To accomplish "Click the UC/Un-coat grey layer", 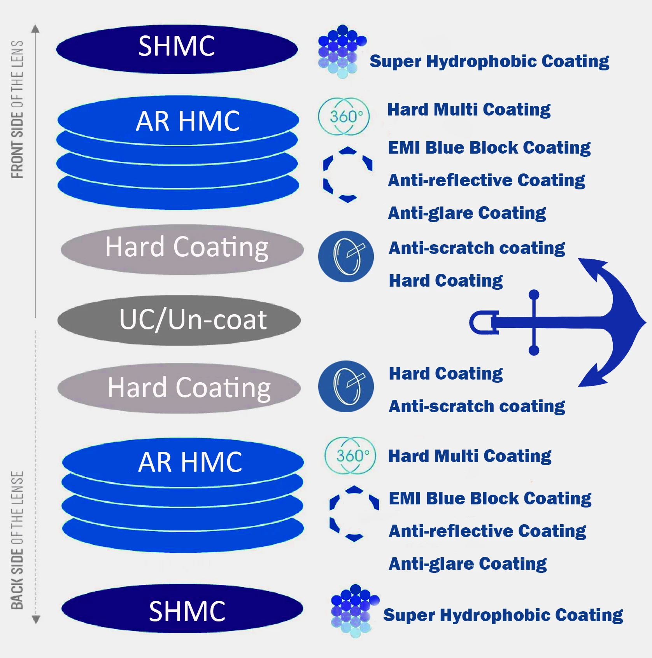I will pyautogui.click(x=179, y=320).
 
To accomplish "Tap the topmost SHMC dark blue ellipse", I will pyautogui.click(x=177, y=49).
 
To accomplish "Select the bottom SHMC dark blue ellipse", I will pyautogui.click(x=182, y=609).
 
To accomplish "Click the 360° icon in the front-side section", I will pyautogui.click(x=344, y=116).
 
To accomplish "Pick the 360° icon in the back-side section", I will pyautogui.click(x=351, y=455).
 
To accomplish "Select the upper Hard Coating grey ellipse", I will pyautogui.click(x=182, y=249).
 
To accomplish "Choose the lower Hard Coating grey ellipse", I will pyautogui.click(x=179, y=388).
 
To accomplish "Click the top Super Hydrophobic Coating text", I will pyautogui.click(x=489, y=61).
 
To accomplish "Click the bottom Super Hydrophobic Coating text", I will pyautogui.click(x=503, y=615).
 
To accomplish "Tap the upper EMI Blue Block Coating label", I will pyautogui.click(x=489, y=148).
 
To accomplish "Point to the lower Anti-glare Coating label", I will pyautogui.click(x=468, y=564).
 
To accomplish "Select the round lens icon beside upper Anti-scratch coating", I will pyautogui.click(x=346, y=257).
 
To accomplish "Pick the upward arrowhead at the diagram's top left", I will pyautogui.click(x=35, y=28).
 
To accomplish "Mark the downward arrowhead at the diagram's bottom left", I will pyautogui.click(x=36, y=619).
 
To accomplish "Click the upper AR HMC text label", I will pyautogui.click(x=188, y=121).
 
